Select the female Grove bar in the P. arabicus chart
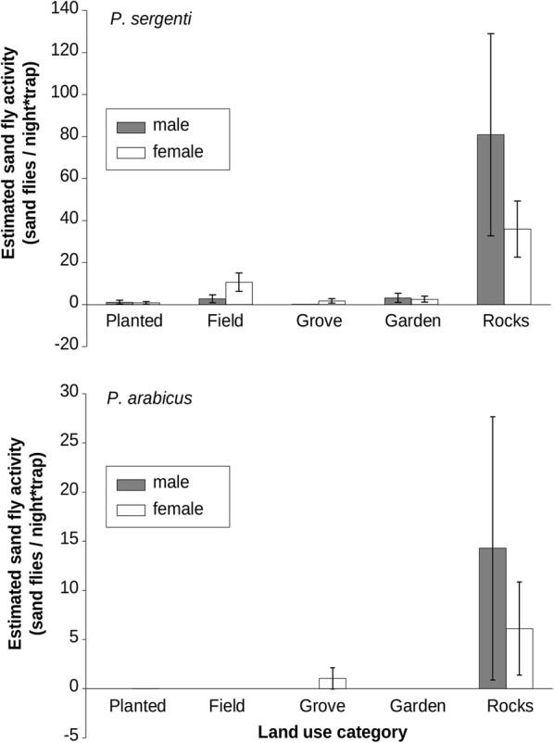332,683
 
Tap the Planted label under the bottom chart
134,706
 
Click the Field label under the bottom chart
227,706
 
